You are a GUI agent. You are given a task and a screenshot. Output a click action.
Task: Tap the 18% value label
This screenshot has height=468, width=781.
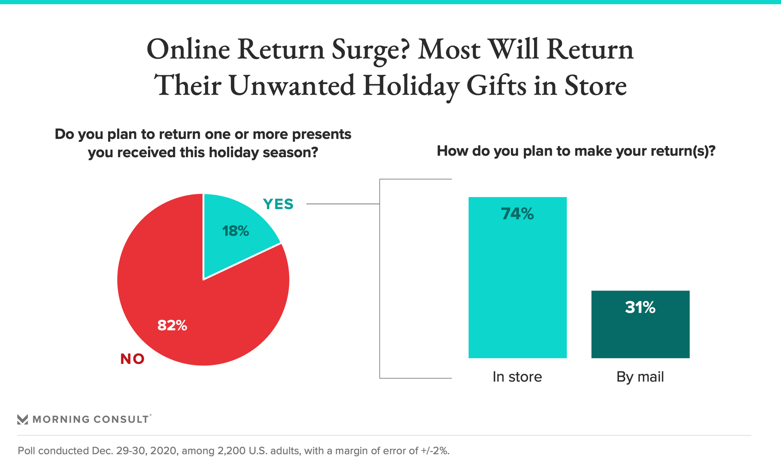(236, 231)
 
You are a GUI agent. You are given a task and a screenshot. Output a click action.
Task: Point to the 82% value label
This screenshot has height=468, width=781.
(172, 325)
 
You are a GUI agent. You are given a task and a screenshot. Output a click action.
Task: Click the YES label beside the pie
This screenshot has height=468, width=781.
(278, 204)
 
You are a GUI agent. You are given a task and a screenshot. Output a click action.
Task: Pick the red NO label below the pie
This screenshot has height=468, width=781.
(133, 359)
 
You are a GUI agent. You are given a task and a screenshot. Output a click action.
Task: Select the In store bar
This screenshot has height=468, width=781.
(517, 277)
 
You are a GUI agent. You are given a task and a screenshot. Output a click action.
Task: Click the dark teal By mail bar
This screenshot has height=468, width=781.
(640, 324)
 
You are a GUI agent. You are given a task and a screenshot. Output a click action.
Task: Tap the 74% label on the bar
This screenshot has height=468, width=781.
(517, 214)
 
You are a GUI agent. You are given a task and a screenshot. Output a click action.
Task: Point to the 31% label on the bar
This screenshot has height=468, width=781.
(640, 308)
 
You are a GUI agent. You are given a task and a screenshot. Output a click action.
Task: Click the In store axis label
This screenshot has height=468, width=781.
(517, 377)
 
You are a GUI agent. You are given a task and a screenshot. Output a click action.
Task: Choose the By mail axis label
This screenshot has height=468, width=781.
(640, 377)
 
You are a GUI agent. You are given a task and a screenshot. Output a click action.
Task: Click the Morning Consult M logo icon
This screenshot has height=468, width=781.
(23, 419)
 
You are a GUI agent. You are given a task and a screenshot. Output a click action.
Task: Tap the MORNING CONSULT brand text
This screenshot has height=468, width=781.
(91, 419)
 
